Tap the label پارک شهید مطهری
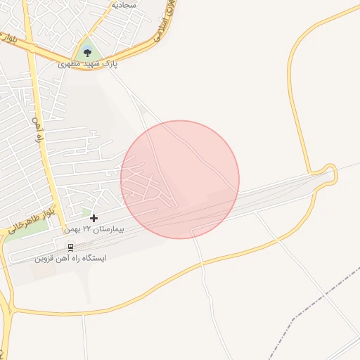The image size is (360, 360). pyautogui.click(x=88, y=64)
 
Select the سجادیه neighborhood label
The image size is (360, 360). pyautogui.click(x=123, y=4)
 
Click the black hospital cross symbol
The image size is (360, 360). pyautogui.click(x=94, y=218)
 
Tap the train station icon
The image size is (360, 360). pyautogui.click(x=70, y=247)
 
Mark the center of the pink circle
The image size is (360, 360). pyautogui.click(x=180, y=179)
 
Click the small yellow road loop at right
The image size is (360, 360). pyautogui.click(x=329, y=173)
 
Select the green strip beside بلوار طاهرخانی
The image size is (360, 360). pyautogui.click(x=21, y=233)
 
